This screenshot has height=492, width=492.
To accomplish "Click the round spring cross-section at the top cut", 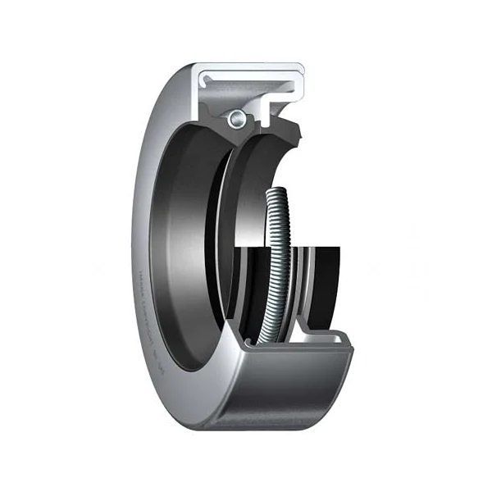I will (237, 118).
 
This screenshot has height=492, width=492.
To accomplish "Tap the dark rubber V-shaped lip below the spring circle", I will (238, 135).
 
